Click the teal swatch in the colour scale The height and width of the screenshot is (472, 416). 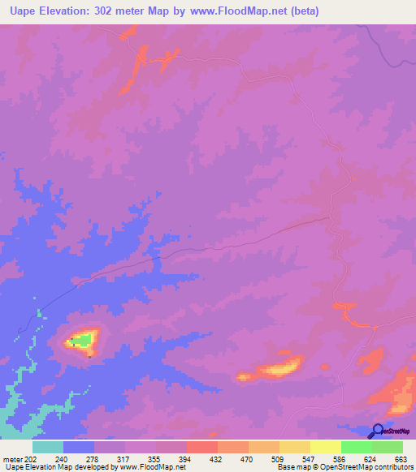(48, 447)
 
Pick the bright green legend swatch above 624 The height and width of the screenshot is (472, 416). (357, 447)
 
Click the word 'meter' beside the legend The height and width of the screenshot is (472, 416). (15, 459)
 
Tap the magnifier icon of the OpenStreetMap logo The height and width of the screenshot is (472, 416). (378, 431)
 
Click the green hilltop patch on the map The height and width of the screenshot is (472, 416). (81, 340)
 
